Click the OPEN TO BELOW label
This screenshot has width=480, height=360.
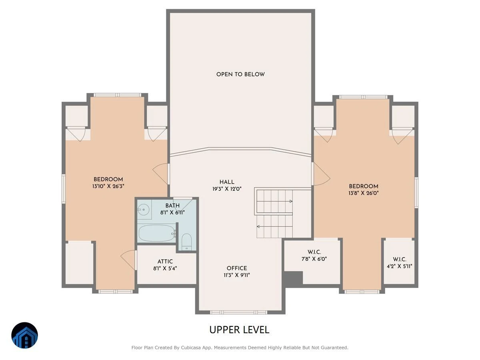240,74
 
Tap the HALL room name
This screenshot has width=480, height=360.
227,182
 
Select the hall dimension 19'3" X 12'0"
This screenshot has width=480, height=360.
227,189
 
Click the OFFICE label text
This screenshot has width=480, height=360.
237,268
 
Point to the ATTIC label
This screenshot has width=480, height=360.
165,262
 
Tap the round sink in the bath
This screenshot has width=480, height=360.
144,210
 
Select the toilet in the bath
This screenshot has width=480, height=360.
186,242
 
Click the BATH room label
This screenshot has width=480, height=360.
172,206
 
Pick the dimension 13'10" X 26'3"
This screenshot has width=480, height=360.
108,186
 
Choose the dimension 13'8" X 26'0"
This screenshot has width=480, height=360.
364,193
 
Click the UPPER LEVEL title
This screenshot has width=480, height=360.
239,330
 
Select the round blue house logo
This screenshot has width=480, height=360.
24,336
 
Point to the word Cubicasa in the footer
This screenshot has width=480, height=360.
191,348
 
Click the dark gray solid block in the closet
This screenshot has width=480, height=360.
294,278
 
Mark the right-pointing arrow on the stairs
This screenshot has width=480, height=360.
274,201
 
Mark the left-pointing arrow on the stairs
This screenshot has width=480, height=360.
274,227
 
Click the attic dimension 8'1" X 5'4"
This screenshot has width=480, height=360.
165,268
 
